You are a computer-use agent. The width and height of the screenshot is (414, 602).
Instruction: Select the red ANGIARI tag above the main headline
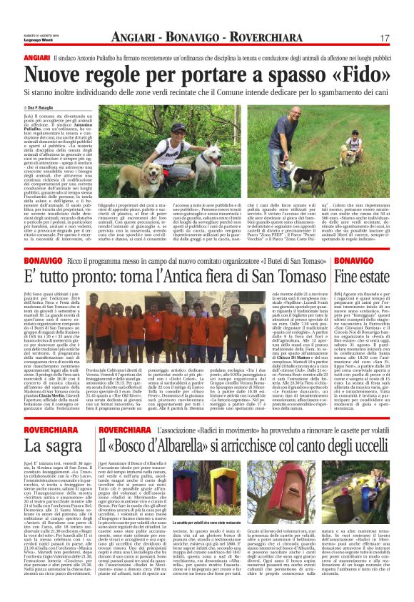36,56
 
